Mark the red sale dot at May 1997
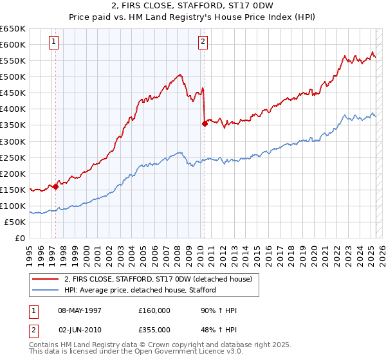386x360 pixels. coord(56,186)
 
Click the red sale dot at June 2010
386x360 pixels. coord(205,123)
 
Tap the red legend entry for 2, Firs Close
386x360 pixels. coord(161,278)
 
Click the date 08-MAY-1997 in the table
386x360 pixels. coord(80,310)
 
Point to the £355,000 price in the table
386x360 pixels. coord(154,329)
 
